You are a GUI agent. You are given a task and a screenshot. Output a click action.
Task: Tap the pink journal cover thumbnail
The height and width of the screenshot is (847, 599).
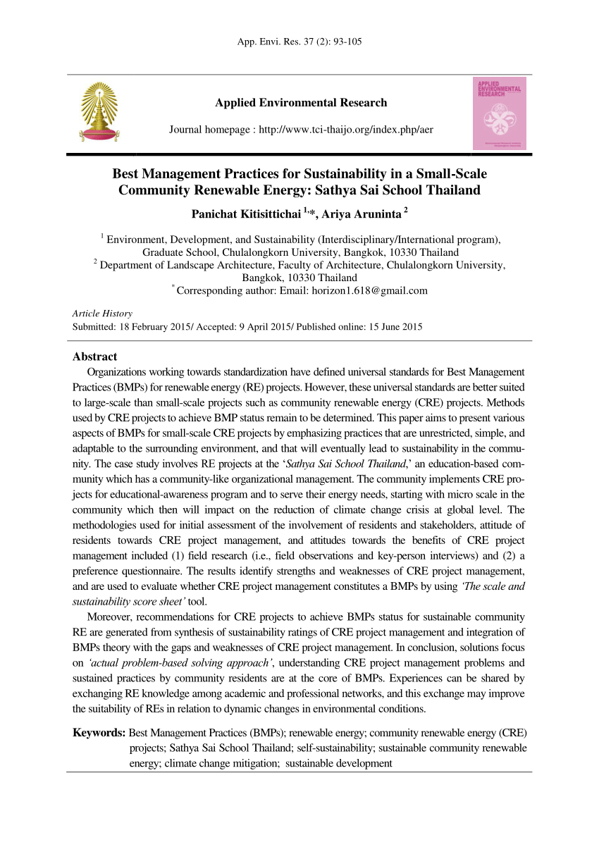click(x=499, y=113)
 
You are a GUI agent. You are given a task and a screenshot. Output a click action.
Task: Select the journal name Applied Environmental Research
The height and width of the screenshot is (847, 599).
click(x=301, y=103)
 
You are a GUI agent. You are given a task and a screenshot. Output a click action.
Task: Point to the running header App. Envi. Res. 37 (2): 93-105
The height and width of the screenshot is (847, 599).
click(x=300, y=42)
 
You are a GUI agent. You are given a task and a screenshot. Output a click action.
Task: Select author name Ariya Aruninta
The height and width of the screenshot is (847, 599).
click(x=359, y=214)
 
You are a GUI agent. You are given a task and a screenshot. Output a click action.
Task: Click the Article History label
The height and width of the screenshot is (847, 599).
click(x=102, y=314)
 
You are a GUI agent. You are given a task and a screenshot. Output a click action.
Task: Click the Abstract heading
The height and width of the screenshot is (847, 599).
click(x=94, y=357)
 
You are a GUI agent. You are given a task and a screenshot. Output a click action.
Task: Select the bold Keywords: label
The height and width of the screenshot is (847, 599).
click(x=99, y=734)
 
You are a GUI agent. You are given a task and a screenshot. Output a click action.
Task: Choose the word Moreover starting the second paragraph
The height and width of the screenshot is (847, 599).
click(x=109, y=617)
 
